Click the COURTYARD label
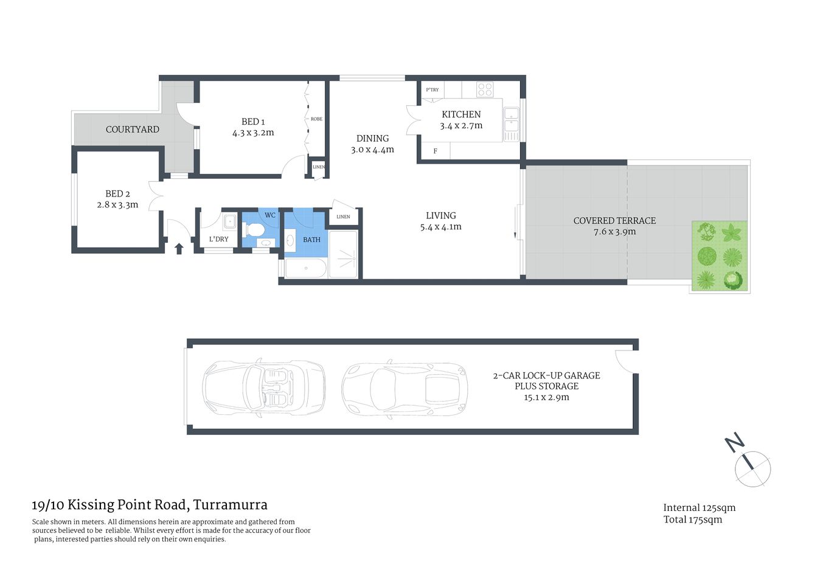[132, 129]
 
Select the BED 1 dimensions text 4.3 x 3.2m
[253, 133]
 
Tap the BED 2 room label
[117, 193]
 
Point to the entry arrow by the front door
[179, 248]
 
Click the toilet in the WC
[254, 230]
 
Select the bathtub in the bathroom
[305, 268]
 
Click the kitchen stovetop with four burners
[485, 89]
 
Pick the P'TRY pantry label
[432, 90]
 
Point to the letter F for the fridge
[435, 151]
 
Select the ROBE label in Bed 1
[316, 119]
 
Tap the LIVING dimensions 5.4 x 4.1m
[440, 227]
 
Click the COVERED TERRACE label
[614, 220]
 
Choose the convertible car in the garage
[263, 388]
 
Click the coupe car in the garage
[404, 389]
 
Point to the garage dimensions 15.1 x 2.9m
[546, 397]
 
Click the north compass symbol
[752, 467]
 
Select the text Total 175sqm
[692, 520]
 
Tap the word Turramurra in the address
[230, 504]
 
